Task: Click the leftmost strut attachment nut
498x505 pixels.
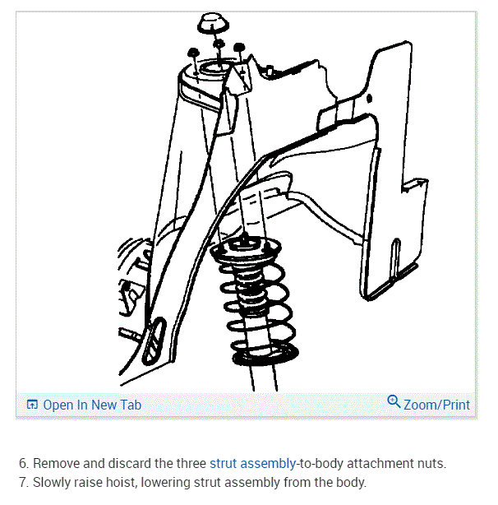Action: pos(191,52)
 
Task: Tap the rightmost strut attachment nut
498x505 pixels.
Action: pos(239,49)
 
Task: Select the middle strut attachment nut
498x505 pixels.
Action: pos(219,44)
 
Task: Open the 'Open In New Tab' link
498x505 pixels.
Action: pos(92,405)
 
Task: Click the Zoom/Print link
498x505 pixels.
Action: pos(436,405)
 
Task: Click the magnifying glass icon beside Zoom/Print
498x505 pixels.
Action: pos(394,403)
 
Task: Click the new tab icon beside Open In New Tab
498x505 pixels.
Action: pos(32,405)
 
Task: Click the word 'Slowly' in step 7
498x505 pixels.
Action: pos(51,482)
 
